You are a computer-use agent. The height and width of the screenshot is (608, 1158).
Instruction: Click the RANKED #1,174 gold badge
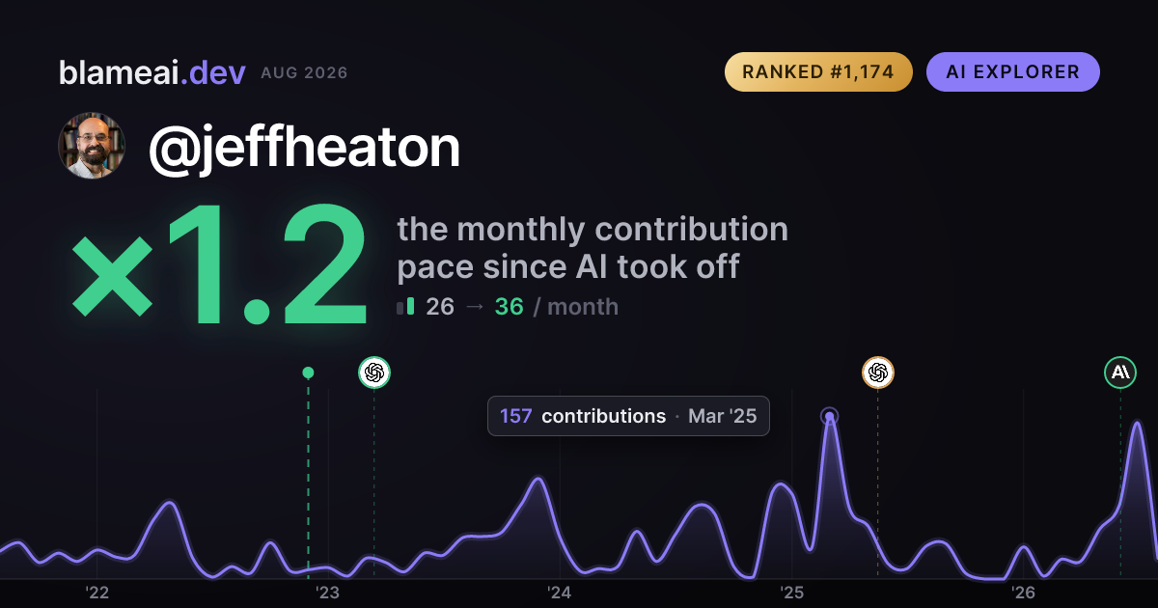(818, 71)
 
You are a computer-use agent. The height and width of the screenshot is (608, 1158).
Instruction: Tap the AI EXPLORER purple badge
(1012, 71)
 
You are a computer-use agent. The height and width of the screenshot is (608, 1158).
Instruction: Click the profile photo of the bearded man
(92, 146)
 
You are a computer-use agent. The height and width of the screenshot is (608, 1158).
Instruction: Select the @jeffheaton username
(304, 148)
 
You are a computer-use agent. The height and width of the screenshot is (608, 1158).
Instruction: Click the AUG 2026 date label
(304, 73)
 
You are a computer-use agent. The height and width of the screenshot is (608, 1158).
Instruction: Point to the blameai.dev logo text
(152, 72)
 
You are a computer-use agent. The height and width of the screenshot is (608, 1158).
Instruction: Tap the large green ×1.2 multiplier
(220, 263)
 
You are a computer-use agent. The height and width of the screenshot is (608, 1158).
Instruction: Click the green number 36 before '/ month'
(510, 307)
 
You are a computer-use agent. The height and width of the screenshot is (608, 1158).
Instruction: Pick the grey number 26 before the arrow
(440, 307)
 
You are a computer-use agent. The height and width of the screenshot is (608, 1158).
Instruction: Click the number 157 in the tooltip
(515, 416)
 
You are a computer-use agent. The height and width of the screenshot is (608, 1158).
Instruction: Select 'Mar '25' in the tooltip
(722, 416)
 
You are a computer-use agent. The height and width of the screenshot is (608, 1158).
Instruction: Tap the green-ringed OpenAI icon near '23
(374, 373)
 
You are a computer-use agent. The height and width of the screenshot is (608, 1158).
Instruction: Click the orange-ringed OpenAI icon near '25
(878, 373)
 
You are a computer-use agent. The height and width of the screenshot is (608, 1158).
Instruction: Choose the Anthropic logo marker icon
(1120, 373)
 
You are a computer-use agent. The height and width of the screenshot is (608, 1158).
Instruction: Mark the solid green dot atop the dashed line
(308, 373)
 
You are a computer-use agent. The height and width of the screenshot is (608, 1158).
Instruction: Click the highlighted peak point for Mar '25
(829, 416)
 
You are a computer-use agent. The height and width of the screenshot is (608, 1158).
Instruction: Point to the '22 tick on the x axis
(97, 593)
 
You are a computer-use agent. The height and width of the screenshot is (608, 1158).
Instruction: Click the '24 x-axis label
(560, 593)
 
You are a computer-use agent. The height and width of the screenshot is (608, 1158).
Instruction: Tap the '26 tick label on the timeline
(1023, 593)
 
